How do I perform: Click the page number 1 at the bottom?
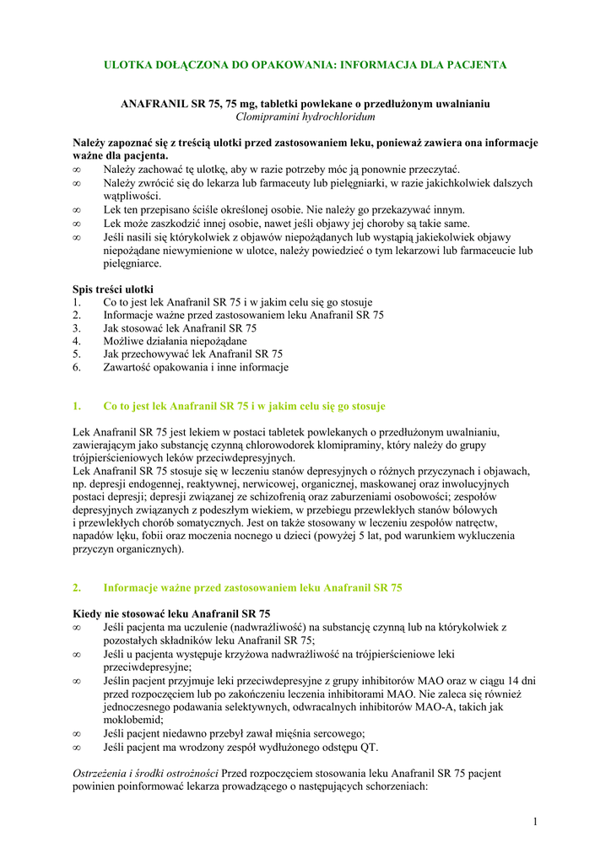click(535, 822)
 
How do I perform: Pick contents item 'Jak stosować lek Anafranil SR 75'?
click(180, 328)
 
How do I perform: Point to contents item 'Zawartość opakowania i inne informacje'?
click(196, 368)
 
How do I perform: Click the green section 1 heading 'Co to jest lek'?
click(244, 406)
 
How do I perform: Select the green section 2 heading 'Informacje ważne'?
click(252, 588)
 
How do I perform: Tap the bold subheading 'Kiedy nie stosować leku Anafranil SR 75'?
click(171, 613)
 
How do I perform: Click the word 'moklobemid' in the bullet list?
click(131, 721)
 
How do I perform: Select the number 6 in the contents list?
click(76, 368)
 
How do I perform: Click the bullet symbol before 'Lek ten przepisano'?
click(77, 210)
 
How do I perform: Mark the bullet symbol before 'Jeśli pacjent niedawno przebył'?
click(77, 734)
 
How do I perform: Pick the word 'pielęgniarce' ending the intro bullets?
click(132, 263)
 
